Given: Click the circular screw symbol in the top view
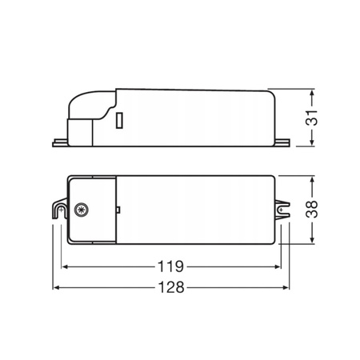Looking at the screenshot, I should point(81,210).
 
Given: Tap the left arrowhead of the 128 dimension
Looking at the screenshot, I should point(57,289).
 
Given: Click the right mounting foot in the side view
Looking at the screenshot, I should point(282,144).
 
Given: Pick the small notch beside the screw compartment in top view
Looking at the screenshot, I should point(118,210).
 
